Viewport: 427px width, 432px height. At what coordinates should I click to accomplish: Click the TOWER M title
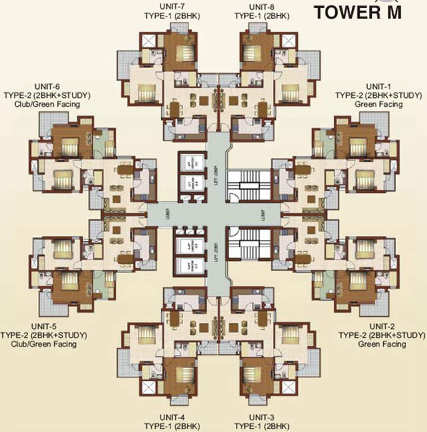(x=358, y=12)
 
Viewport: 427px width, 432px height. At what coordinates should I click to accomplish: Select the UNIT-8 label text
(x=261, y=7)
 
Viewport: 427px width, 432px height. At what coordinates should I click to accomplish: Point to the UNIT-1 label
(x=379, y=86)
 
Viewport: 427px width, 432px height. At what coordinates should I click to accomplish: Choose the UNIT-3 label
(x=261, y=416)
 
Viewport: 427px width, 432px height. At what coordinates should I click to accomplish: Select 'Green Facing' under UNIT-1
(x=379, y=104)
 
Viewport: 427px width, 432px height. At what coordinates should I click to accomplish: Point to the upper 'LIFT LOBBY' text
(x=216, y=172)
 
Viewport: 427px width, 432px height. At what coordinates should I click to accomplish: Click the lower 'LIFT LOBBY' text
(x=216, y=253)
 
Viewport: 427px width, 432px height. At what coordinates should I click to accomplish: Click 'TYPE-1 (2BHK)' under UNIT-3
(x=261, y=426)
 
